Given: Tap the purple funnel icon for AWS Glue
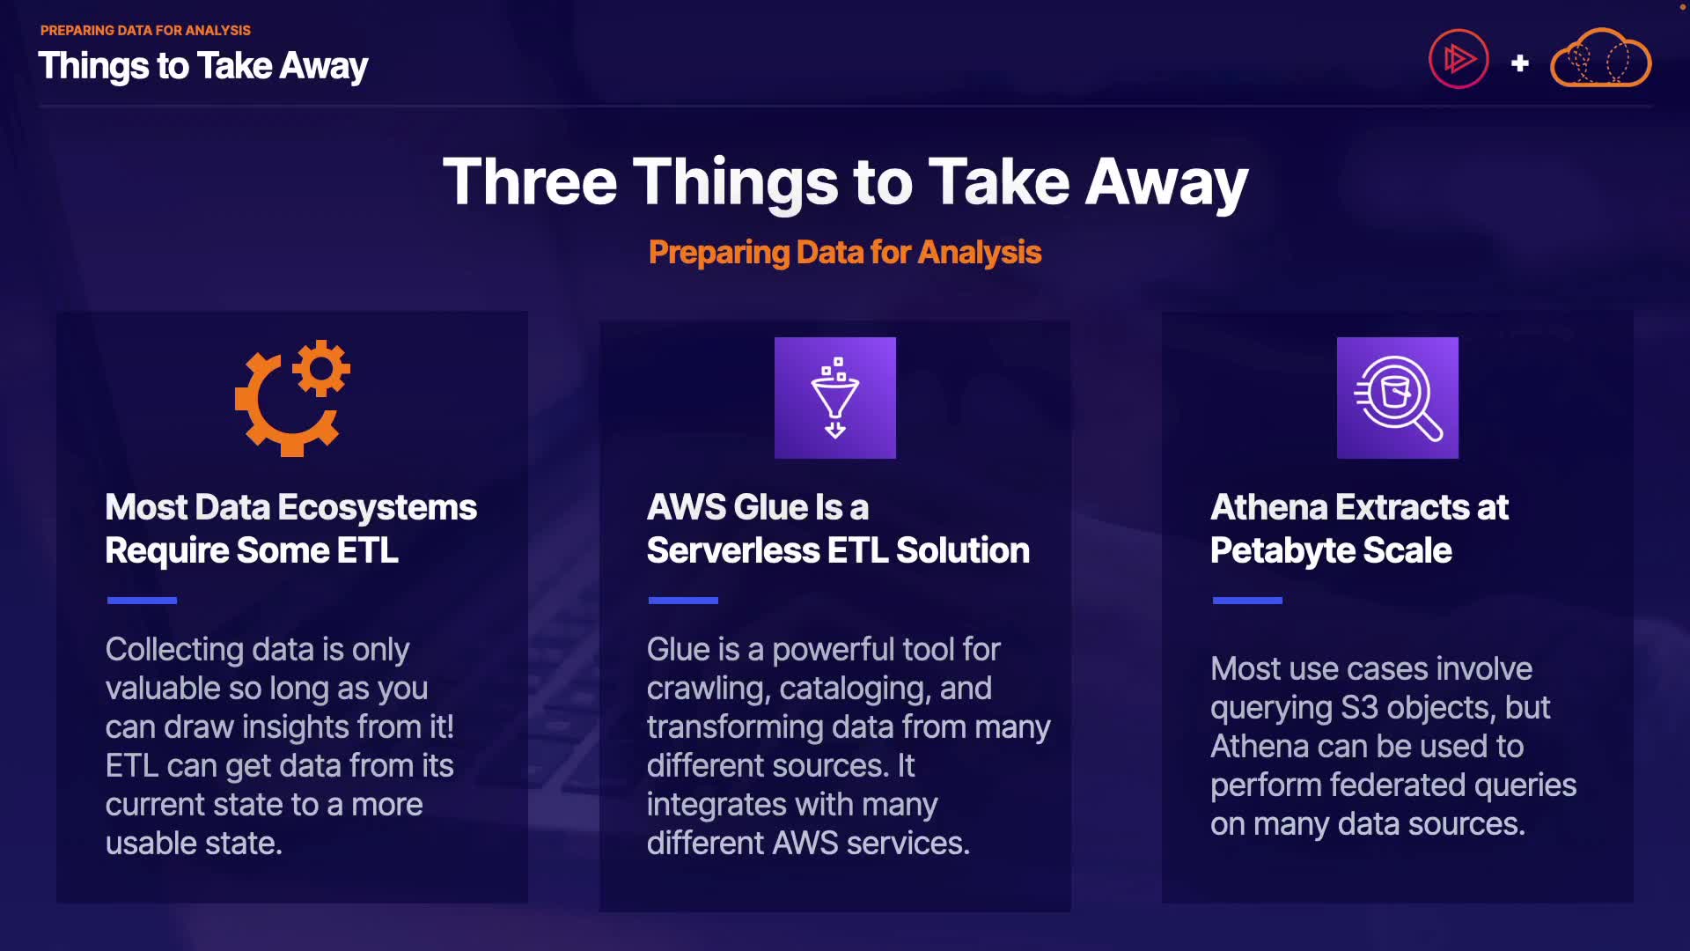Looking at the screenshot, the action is click(x=835, y=398).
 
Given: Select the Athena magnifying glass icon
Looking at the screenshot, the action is click(x=1398, y=398).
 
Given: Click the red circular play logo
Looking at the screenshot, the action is click(x=1459, y=59).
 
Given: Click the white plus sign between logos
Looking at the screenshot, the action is click(x=1519, y=63).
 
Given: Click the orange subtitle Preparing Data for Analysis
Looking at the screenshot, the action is click(x=845, y=253).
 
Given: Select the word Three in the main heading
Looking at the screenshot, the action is click(x=530, y=181).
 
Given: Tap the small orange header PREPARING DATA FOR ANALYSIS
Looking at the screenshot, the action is click(x=145, y=30).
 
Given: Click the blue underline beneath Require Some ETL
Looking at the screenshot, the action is click(x=142, y=601).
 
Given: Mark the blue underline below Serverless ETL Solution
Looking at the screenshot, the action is click(x=683, y=601).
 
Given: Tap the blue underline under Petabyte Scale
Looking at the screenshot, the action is click(x=1247, y=601).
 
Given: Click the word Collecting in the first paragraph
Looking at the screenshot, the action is click(x=174, y=651).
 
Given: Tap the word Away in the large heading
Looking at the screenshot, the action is click(x=1166, y=183).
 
